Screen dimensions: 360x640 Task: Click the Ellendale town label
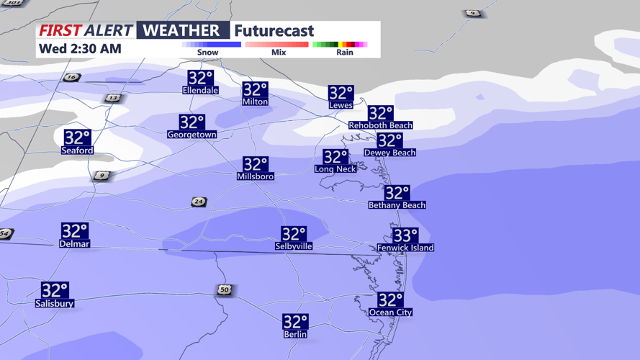(200, 91)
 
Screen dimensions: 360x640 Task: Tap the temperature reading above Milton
(255, 89)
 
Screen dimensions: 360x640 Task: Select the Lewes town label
(341, 105)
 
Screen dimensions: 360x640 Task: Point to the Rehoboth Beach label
(380, 125)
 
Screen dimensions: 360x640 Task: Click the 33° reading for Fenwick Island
(405, 235)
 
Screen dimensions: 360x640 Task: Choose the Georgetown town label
(191, 135)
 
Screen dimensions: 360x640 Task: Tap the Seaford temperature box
(77, 137)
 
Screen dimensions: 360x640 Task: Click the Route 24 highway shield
(199, 202)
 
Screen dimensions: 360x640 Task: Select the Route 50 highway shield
(225, 289)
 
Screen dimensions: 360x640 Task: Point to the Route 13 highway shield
(112, 98)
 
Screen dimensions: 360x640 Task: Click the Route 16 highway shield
(71, 77)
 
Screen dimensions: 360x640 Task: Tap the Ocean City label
(390, 312)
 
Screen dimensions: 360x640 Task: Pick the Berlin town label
(295, 334)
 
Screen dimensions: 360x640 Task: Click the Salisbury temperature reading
(55, 290)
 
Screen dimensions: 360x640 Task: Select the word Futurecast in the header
(274, 31)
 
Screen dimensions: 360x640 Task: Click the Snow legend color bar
(211, 45)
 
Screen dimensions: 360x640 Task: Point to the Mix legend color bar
(276, 45)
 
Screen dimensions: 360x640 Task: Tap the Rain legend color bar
(340, 45)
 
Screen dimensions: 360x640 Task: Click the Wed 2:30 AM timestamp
(80, 49)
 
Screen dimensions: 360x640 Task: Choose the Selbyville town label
(294, 246)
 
